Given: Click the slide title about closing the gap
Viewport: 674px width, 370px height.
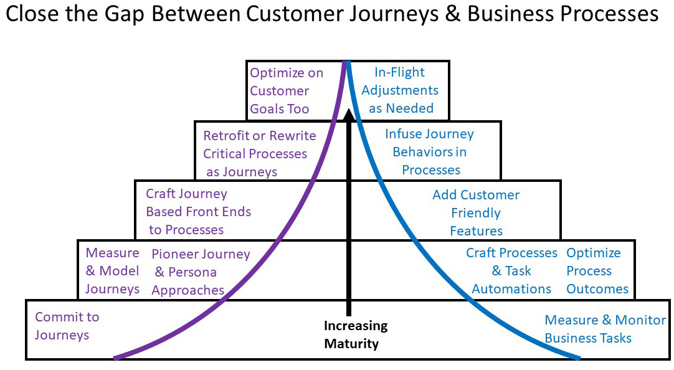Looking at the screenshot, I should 331,15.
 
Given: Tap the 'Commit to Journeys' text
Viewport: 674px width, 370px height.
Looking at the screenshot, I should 67,326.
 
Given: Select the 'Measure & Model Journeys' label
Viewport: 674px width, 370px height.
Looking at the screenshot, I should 112,271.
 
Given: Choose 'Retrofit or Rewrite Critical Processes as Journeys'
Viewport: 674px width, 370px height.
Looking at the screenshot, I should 259,153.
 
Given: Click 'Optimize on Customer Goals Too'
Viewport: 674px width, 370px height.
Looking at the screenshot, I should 286,91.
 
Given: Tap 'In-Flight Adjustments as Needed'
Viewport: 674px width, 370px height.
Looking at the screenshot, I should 400,90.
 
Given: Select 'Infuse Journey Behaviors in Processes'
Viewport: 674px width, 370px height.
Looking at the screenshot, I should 430,152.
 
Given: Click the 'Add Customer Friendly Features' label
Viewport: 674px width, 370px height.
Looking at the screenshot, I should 476,213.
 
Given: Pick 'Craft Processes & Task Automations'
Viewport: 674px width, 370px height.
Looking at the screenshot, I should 511,271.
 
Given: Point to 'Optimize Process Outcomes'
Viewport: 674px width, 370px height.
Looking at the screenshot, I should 597,271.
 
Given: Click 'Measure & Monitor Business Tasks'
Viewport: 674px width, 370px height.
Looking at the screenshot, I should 605,329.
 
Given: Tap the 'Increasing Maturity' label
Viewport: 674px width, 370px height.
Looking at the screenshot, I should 356,334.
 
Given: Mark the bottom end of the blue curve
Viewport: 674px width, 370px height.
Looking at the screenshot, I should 579,358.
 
